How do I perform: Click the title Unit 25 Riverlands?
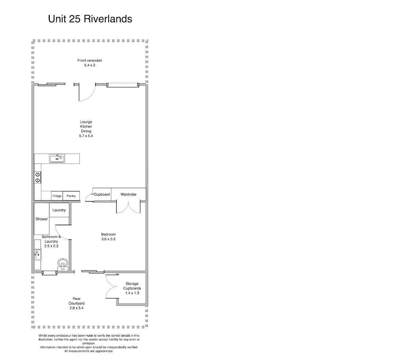[x=90, y=19]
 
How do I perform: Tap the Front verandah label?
[x=90, y=61]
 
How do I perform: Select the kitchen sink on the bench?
[x=57, y=158]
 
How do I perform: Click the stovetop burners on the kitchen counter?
[x=37, y=178]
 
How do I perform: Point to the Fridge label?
[x=57, y=196]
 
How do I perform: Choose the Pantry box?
[x=71, y=196]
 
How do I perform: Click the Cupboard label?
[x=102, y=195]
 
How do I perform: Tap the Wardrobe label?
[x=129, y=195]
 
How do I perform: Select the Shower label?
[x=42, y=219]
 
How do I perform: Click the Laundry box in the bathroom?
[x=59, y=210]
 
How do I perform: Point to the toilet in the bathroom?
[x=63, y=263]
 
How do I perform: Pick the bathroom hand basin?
[x=38, y=254]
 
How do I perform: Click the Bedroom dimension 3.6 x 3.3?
[x=108, y=239]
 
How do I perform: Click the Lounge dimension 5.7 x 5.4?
[x=86, y=136]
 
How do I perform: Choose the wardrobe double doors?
[x=128, y=207]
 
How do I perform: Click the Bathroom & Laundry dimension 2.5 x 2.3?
[x=51, y=246]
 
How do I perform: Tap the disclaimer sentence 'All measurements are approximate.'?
[x=89, y=351]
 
